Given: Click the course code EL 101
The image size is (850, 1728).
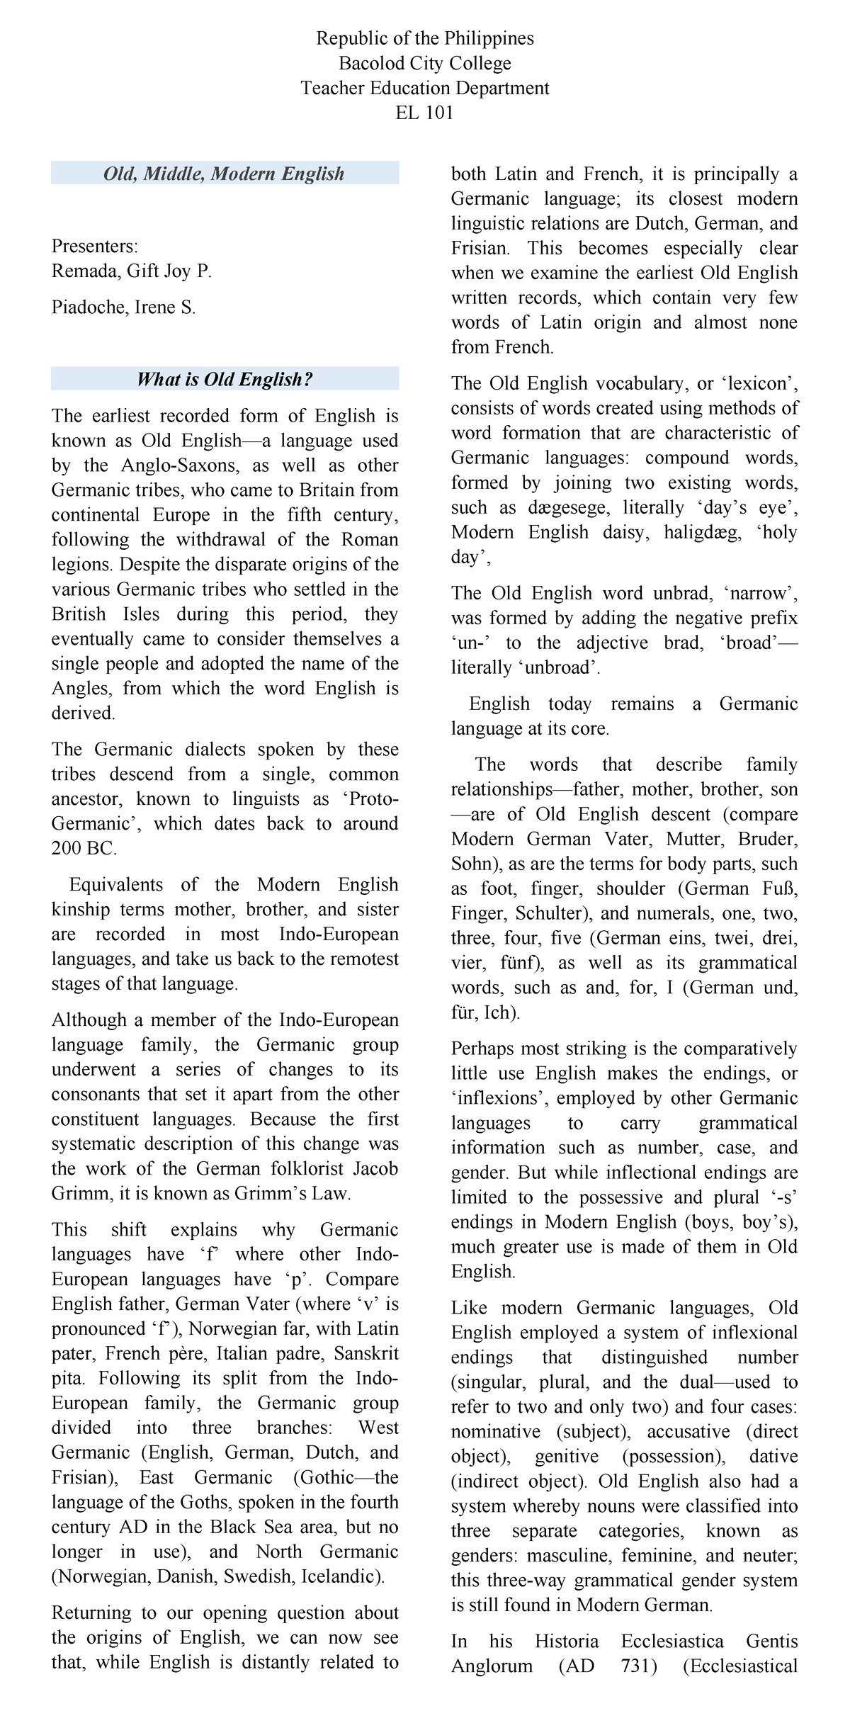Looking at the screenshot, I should [424, 113].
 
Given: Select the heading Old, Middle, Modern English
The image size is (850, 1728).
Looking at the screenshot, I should [224, 174].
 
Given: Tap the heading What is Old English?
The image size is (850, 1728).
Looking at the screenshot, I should [225, 379].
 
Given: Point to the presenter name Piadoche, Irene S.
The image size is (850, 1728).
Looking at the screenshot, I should [123, 307].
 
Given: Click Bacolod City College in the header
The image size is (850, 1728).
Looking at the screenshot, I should [424, 63].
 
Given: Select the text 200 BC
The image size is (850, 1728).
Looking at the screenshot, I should [84, 848].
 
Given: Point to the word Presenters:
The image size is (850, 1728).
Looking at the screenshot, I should [95, 246].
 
